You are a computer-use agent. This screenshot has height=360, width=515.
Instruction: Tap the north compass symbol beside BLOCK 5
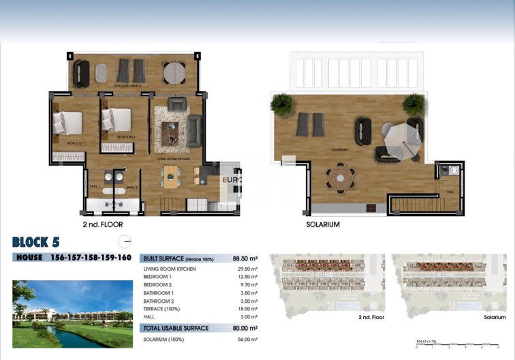[x=124, y=241]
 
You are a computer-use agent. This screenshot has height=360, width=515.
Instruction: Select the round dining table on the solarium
[x=340, y=179]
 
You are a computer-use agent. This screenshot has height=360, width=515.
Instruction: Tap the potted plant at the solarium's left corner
[x=281, y=104]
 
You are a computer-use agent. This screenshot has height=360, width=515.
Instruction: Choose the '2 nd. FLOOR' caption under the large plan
[x=102, y=223]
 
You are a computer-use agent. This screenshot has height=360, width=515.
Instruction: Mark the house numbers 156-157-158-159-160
[x=91, y=258]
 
